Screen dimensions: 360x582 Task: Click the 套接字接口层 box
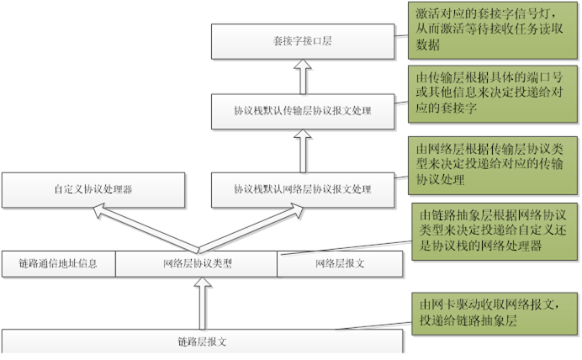click(302, 40)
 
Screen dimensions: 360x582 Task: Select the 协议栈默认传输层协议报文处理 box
click(302, 110)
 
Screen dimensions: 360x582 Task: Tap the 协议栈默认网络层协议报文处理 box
click(302, 189)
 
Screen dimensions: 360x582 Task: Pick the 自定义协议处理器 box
click(93, 189)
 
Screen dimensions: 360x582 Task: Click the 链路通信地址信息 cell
click(58, 264)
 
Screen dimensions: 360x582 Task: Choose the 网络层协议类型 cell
click(197, 264)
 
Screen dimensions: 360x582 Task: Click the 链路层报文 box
click(203, 341)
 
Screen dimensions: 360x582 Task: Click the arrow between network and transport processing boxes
click(302, 150)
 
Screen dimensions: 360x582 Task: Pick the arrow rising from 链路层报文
click(201, 303)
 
